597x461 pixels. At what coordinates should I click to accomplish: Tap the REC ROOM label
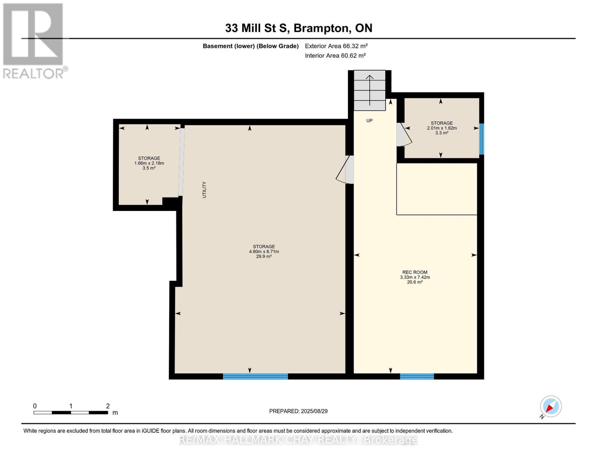415,272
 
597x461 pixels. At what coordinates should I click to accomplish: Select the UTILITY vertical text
204,190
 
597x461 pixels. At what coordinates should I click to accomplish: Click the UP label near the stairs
369,121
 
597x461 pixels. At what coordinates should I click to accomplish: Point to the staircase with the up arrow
369,90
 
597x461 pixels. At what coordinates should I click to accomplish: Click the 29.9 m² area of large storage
264,257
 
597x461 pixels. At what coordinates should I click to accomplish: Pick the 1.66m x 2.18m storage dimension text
149,163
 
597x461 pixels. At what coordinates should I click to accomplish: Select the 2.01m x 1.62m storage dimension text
442,128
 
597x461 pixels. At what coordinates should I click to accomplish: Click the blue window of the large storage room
255,376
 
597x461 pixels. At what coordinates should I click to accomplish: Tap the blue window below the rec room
417,376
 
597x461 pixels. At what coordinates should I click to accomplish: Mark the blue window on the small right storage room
481,139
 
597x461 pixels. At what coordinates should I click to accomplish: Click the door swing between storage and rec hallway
345,170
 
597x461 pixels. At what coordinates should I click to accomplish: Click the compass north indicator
550,406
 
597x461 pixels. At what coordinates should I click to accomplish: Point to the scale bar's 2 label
108,406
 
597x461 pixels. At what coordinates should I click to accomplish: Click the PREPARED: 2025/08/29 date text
298,411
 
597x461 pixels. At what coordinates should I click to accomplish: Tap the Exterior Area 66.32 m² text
336,46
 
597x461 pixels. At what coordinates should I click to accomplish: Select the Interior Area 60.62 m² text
335,56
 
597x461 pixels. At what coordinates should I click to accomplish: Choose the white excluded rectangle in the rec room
437,189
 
